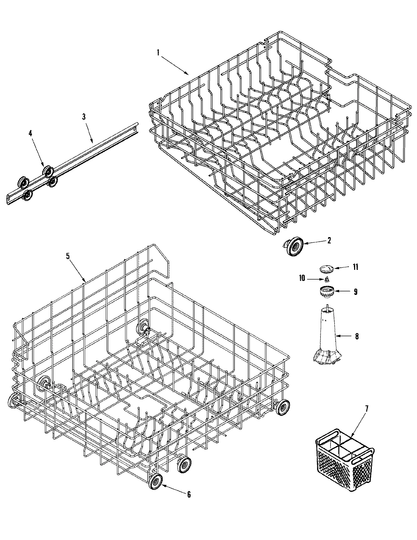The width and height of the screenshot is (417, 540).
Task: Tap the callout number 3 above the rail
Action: point(84,117)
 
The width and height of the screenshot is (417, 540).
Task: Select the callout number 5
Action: point(68,256)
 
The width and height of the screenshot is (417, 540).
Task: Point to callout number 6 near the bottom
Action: point(189,494)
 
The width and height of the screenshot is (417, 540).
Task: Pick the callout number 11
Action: point(355,267)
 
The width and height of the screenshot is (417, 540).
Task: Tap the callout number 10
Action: point(302,278)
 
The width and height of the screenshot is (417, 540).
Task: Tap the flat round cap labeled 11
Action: point(326,268)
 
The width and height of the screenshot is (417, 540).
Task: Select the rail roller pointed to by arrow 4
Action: point(47,171)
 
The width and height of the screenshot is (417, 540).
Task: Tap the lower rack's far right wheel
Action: point(283,407)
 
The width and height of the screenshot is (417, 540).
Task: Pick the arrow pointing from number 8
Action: point(343,336)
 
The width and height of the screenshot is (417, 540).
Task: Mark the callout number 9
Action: point(355,292)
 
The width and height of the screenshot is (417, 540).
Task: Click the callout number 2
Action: point(329,240)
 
